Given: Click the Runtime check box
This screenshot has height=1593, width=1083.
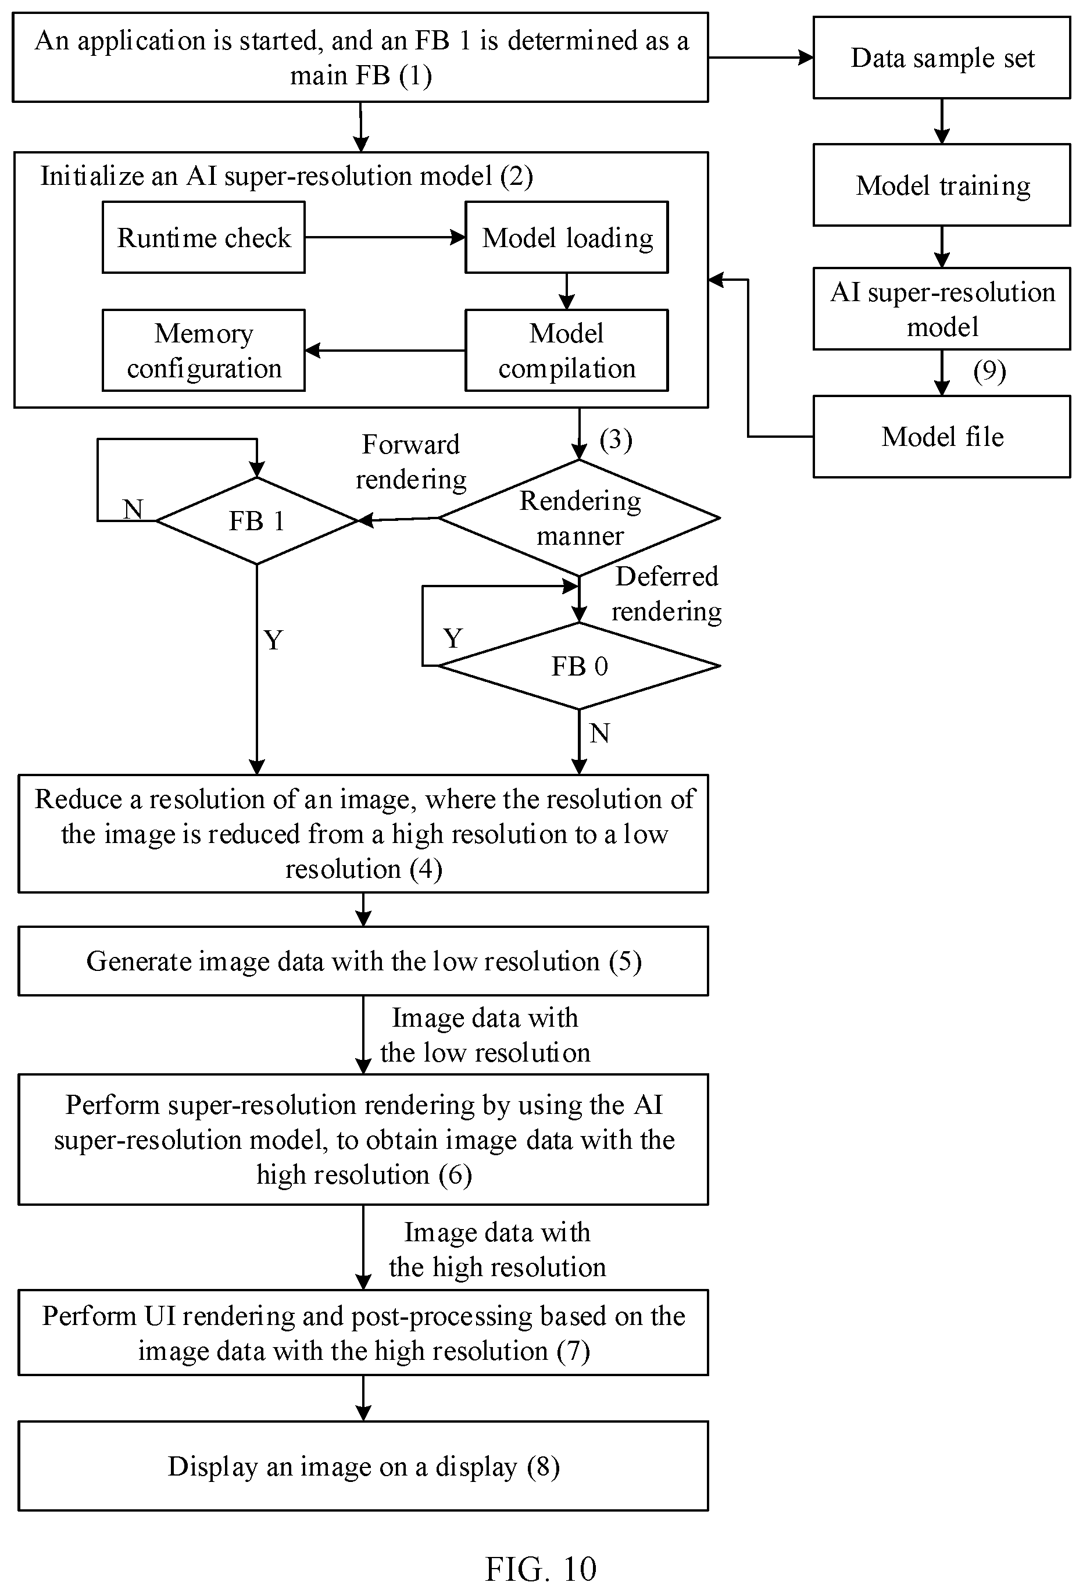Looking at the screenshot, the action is point(203,237).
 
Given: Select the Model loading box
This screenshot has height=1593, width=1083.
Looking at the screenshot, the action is point(567,237).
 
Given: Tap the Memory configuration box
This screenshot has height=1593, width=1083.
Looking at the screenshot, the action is point(203,350).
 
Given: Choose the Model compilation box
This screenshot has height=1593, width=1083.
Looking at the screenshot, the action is point(567,350).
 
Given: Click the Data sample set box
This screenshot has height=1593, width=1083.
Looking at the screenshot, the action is point(942,58).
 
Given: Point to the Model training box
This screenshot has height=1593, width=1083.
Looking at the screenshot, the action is point(942,185).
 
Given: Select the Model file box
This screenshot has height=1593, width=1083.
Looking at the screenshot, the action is point(942,436).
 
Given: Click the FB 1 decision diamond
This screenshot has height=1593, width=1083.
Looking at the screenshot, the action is point(257,521).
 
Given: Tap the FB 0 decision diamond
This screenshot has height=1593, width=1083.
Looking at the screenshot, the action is point(579,666).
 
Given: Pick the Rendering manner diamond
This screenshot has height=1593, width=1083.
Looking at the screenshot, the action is point(579,517).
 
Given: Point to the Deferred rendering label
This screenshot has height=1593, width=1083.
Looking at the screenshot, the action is point(666,594).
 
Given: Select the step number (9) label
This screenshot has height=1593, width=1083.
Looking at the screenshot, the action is point(989,372).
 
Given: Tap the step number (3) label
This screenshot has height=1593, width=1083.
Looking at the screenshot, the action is point(616,440).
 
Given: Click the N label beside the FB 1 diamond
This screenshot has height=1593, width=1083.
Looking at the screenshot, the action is point(133,509).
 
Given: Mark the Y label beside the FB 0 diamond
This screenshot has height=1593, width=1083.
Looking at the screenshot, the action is point(453,639).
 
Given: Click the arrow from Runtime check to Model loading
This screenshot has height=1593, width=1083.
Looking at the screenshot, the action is point(385,237).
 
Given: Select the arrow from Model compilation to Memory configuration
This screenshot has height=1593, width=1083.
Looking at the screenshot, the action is point(385,350).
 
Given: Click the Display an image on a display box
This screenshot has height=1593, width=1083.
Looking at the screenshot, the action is point(363,1466).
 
